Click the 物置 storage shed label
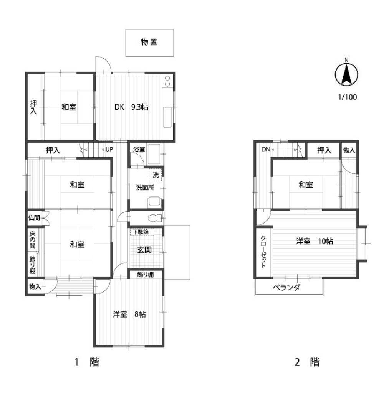tap(149, 42)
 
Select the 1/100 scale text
tap(347, 97)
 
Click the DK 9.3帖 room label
tap(131, 107)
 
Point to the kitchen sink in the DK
tap(167, 117)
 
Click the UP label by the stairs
tap(109, 149)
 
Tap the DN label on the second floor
tap(266, 149)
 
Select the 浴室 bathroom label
tap(139, 150)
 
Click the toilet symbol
tap(155, 218)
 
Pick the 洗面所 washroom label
tap(145, 188)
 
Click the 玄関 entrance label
tap(144, 250)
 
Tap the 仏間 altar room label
tap(34, 217)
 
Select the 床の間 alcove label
tap(32, 240)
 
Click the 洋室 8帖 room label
tap(129, 314)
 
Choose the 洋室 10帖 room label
tap(314, 241)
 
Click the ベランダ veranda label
tap(286, 288)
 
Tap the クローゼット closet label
tap(263, 252)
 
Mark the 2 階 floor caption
tap(307, 362)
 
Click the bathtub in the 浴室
tap(154, 154)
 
